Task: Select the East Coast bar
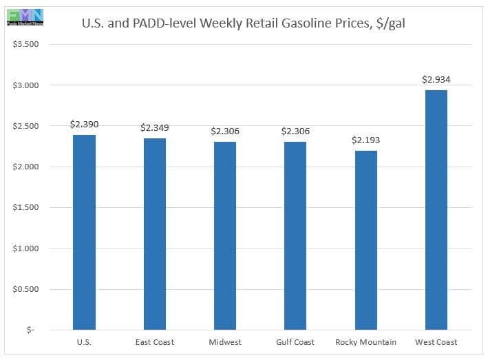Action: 154,234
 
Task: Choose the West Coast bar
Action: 436,210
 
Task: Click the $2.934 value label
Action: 436,79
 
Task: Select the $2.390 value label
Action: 84,124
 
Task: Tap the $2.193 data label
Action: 365,140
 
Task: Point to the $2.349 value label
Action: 154,127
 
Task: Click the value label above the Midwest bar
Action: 224,131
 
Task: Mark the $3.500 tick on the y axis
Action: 28,45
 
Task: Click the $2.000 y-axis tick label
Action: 28,167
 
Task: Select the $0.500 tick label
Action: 28,289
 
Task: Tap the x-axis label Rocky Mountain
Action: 365,342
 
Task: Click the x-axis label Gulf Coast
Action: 295,342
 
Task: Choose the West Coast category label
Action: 436,342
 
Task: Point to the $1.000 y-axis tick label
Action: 28,248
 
